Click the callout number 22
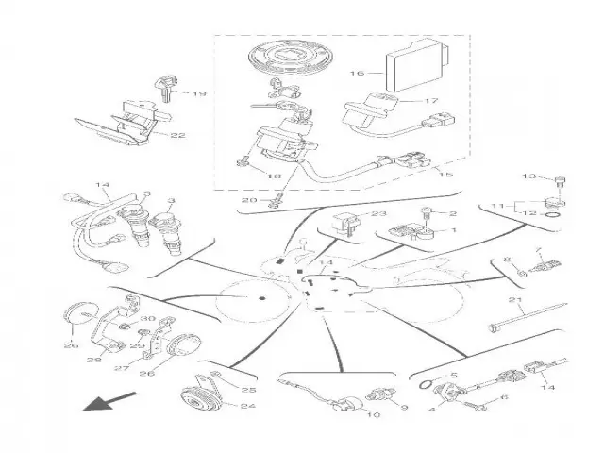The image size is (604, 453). point(177,135)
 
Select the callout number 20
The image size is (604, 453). point(249,200)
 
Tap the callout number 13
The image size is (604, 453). point(529,176)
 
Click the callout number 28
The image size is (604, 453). point(94,360)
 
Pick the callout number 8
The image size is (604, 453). point(506,259)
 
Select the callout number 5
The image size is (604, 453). point(452,377)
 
